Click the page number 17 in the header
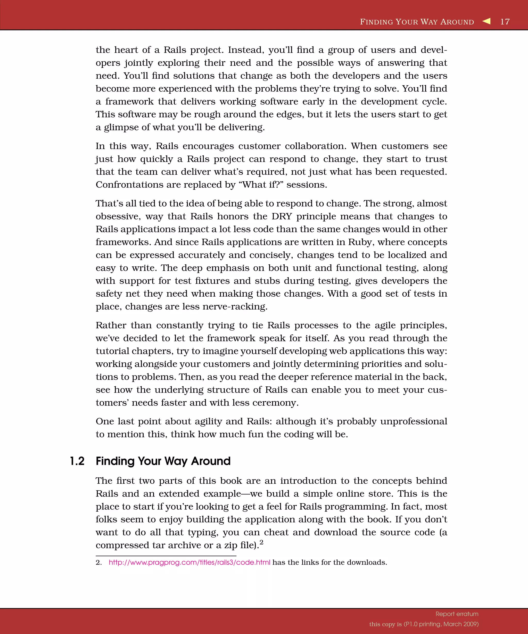(505, 22)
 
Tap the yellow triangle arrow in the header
(486, 21)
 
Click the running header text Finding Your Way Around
(417, 22)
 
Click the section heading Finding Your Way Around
(163, 461)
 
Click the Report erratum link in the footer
(457, 614)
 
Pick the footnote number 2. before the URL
(99, 563)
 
